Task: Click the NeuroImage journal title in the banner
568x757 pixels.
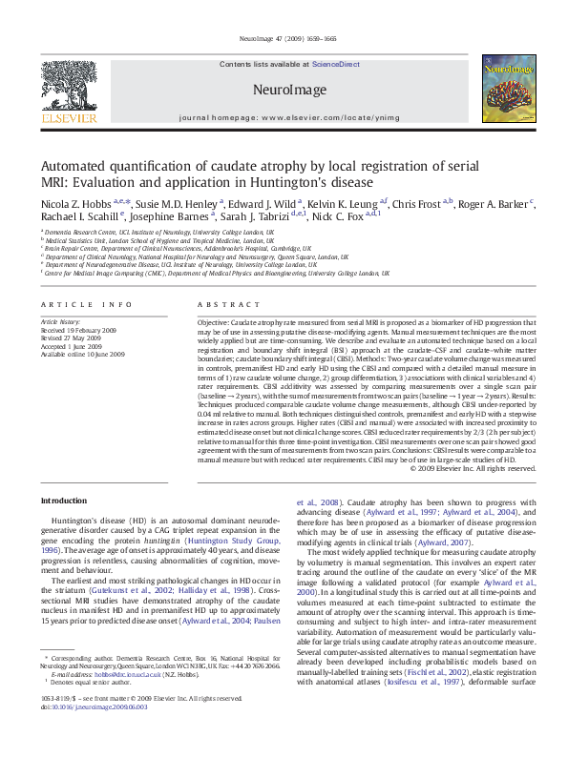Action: click(284, 88)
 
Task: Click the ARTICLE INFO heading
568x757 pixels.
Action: click(86, 304)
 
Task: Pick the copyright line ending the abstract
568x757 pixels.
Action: click(474, 468)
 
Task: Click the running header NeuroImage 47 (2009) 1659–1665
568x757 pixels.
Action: click(284, 39)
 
